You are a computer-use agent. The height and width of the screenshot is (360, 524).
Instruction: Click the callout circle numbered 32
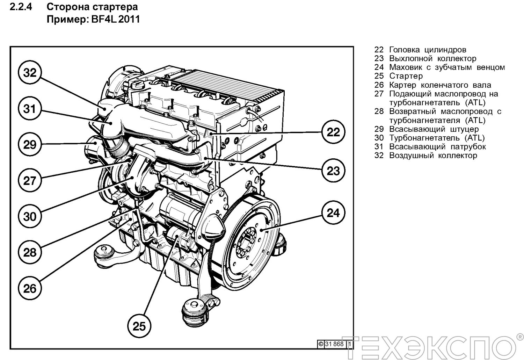[x=30, y=73]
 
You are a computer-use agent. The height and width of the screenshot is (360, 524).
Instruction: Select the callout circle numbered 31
[x=30, y=109]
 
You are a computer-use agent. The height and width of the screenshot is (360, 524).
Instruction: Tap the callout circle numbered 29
[x=30, y=144]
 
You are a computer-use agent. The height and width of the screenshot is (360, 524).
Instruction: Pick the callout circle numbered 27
[x=30, y=180]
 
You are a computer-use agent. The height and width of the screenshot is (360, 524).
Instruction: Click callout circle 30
[x=30, y=216]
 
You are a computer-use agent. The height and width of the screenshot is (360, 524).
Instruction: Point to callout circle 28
[x=30, y=252]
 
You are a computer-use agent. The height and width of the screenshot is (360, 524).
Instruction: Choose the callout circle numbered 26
[x=30, y=288]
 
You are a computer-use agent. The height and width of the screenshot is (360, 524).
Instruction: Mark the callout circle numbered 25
[x=139, y=326]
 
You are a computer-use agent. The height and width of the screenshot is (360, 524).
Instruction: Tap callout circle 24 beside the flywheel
[x=333, y=213]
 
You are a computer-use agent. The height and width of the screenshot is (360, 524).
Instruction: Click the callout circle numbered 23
[x=333, y=171]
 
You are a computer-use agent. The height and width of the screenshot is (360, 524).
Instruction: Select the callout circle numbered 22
[x=333, y=132]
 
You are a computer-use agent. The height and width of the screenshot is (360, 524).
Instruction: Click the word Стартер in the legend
[x=406, y=76]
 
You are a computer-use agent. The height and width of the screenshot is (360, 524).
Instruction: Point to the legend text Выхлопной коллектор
[x=432, y=59]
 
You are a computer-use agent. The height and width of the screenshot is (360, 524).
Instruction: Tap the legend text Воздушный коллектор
[x=433, y=156]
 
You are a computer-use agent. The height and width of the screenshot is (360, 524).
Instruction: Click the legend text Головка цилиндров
[x=428, y=50]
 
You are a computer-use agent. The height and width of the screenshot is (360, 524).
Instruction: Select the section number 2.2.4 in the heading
[x=21, y=7]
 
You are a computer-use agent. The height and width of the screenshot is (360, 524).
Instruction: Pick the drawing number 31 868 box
[x=334, y=344]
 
